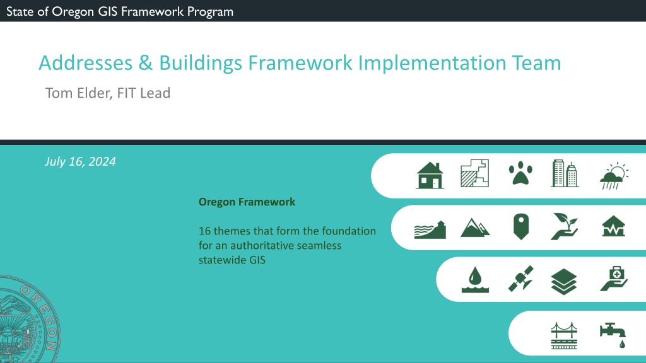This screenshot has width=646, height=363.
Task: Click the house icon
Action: coord(430,175)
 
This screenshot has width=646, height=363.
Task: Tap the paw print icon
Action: coord(520,173)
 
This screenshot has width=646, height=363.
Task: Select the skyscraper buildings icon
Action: coord(565,173)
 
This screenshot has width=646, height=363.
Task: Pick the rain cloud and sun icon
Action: coord(614,176)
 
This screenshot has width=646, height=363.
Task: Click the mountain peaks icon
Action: coord(475,228)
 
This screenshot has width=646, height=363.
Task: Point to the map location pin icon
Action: coord(521,226)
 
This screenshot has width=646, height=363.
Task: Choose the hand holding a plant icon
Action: coord(565,226)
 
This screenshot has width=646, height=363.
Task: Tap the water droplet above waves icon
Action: coord(475,279)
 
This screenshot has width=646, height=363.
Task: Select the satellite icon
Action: coord(520,279)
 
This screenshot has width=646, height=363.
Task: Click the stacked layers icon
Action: coord(564,282)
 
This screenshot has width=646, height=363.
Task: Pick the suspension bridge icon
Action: coord(564,336)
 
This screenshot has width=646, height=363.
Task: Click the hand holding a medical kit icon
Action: coord(614,279)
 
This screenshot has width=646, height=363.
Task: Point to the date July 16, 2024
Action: coord(80,161)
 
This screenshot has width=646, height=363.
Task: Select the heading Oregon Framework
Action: coord(247,202)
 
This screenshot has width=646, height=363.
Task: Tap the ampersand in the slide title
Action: coord(146,63)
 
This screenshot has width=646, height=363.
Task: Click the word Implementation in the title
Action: coord(432,64)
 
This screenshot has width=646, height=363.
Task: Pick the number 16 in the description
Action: coord(204,231)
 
